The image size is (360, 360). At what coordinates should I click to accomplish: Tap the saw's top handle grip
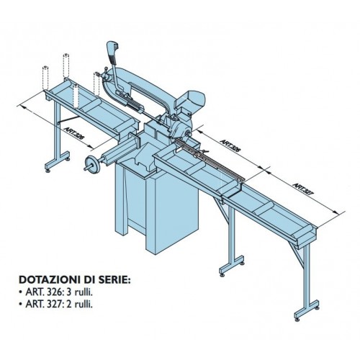click(112, 51)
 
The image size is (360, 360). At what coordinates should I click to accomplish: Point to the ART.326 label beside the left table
click(74, 134)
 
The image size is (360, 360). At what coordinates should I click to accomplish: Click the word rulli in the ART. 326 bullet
click(83, 292)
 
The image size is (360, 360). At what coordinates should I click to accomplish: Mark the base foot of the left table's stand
click(57, 161)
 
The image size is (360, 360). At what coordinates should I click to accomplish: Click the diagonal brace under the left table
click(68, 120)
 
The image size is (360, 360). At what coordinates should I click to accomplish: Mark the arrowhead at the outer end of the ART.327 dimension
click(336, 212)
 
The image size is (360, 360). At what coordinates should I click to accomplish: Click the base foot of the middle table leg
click(232, 266)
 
